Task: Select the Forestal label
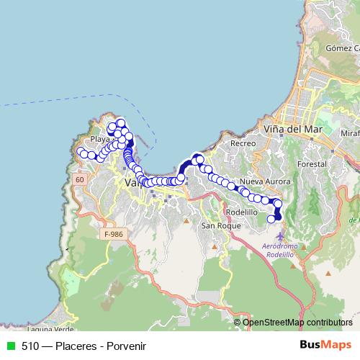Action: [x=310, y=163]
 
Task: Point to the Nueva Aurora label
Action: [x=261, y=181]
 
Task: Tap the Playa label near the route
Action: [x=99, y=139]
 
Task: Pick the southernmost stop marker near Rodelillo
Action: [x=271, y=219]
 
